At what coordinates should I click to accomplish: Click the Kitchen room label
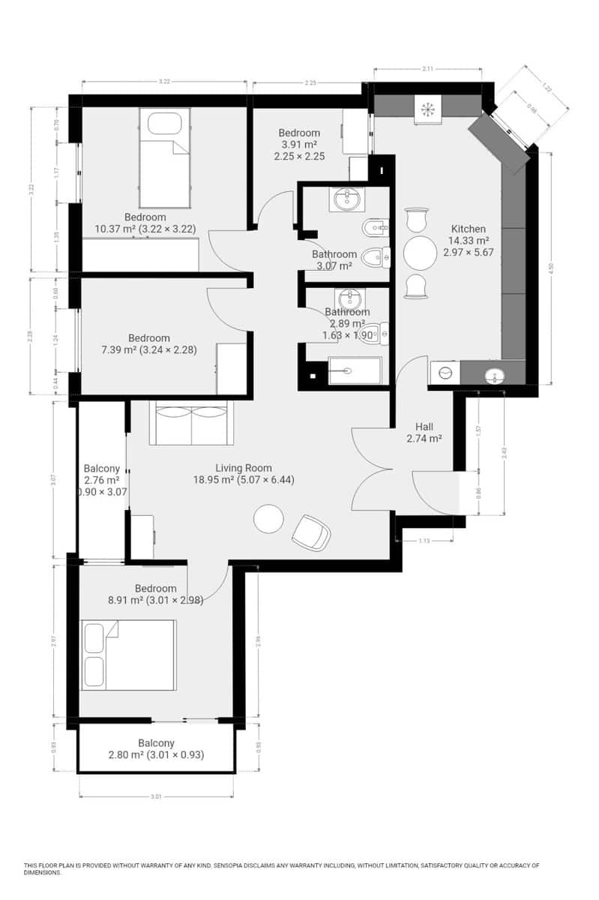(468, 229)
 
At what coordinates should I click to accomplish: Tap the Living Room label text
(243, 467)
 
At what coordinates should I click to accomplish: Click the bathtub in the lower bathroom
(355, 370)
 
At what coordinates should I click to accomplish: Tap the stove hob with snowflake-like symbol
(428, 108)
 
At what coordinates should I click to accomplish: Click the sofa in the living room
(191, 424)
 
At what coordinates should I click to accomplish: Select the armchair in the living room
(311, 532)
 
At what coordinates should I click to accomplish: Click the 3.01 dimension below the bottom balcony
(156, 796)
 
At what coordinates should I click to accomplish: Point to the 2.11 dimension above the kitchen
(427, 68)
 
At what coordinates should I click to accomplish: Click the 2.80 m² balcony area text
(156, 754)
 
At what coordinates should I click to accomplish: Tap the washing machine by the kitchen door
(445, 373)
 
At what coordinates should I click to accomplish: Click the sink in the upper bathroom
(346, 199)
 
